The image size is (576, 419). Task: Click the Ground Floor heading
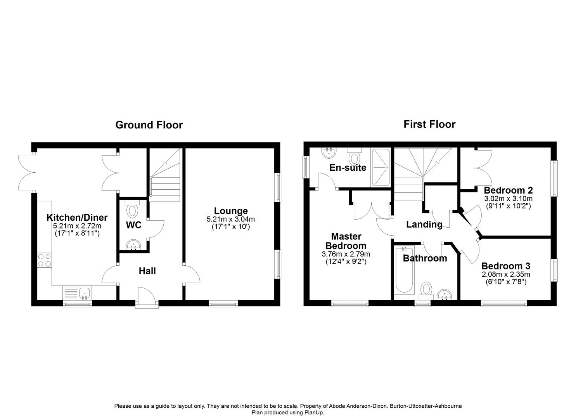pos(149,125)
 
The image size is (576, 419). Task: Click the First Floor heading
pos(429,124)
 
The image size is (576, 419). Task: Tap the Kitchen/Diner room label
pos(77,217)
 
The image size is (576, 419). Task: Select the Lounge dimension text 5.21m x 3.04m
pos(231,219)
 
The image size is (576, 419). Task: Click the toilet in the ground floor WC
pos(132,210)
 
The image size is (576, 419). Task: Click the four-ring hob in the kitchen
pos(44,260)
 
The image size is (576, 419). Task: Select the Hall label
pos(147,271)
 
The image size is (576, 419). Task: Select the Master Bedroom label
pos(346,241)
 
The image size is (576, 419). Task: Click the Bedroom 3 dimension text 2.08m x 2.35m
pos(506,274)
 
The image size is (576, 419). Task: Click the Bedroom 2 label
pos(508,190)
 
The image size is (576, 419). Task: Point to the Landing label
pos(424,224)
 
